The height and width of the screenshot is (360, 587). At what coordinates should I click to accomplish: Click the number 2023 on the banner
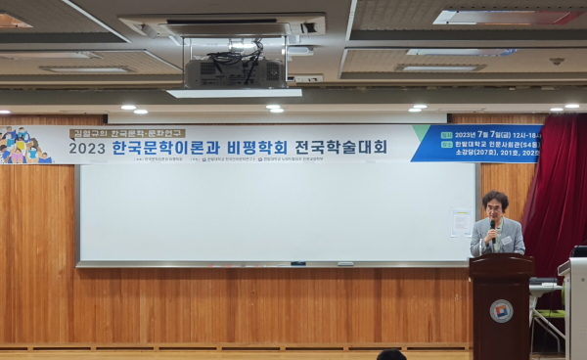coord(87,149)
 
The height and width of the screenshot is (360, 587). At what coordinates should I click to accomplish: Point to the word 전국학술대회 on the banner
coord(350,148)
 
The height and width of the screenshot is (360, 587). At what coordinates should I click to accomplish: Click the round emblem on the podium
coord(501,310)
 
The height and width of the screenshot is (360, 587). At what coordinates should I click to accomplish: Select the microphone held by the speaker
coord(492,232)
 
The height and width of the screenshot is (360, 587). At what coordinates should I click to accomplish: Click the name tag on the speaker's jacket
coord(507,239)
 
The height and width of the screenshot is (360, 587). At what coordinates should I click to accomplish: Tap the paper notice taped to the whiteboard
coord(461,223)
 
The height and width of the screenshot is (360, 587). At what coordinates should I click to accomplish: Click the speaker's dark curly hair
coord(495,199)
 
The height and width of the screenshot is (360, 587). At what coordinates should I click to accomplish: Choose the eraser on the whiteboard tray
coord(345,263)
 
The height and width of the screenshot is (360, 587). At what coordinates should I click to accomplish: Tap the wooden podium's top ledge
coord(501,258)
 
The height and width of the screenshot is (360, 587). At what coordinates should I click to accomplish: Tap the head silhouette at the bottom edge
coord(390,355)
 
